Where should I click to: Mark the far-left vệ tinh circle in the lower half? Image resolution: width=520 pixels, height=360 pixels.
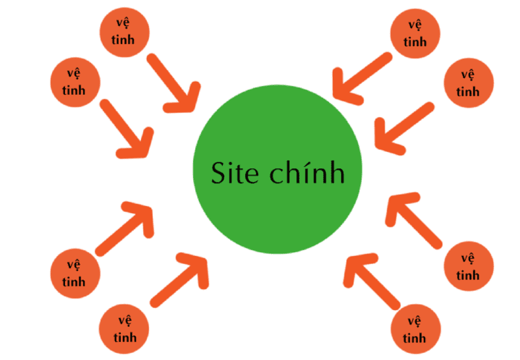point(74,274)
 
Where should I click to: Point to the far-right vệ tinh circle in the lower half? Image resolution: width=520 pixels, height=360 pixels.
point(467,266)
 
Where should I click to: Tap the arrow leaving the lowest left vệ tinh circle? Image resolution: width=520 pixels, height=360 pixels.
point(179,279)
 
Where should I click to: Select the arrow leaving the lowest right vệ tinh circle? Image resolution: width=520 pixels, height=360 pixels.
point(370,280)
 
